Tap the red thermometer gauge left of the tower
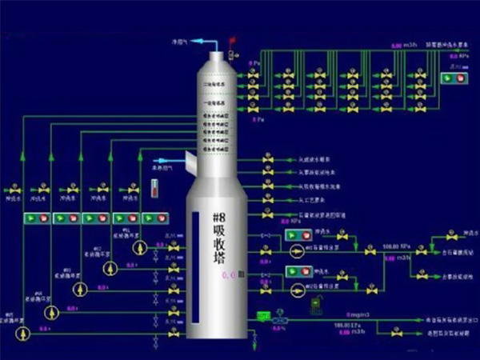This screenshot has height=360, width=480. (x=154, y=189)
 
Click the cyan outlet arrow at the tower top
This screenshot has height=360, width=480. (x=192, y=41)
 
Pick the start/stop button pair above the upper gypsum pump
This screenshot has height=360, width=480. (x=297, y=237)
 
